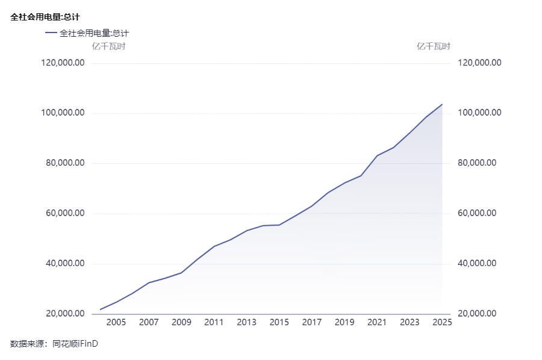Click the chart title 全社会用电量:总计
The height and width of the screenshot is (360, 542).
pos(45,17)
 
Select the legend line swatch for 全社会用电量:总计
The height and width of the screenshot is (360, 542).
pos(51,33)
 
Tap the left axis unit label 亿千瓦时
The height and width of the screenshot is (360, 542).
pos(108,46)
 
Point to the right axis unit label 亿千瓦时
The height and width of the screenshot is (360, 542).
pos(434,46)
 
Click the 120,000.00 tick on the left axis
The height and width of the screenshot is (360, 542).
pos(63,63)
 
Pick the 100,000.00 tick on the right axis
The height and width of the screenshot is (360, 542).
pos(480,113)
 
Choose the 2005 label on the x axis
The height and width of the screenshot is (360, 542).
pos(116,323)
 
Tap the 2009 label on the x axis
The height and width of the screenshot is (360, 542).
pos(181,323)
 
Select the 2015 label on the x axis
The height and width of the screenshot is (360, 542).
pos(279,323)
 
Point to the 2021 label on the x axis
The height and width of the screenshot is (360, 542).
pos(377,323)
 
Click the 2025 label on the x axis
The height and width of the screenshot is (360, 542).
pos(442,323)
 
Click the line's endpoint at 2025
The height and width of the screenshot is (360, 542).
pos(442,104)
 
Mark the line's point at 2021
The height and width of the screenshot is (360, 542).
pos(377,155)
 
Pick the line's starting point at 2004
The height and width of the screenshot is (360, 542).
pos(100,309)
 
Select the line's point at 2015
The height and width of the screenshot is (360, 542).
pos(279,225)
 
